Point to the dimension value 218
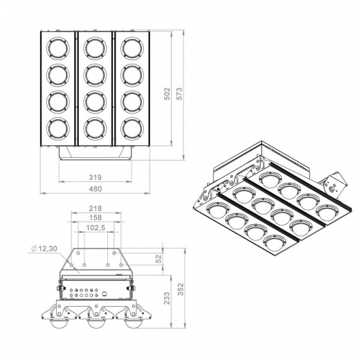click(x=96, y=208)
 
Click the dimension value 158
click(x=96, y=217)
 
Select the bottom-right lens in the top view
click(x=133, y=128)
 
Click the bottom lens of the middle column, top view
click(x=95, y=128)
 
